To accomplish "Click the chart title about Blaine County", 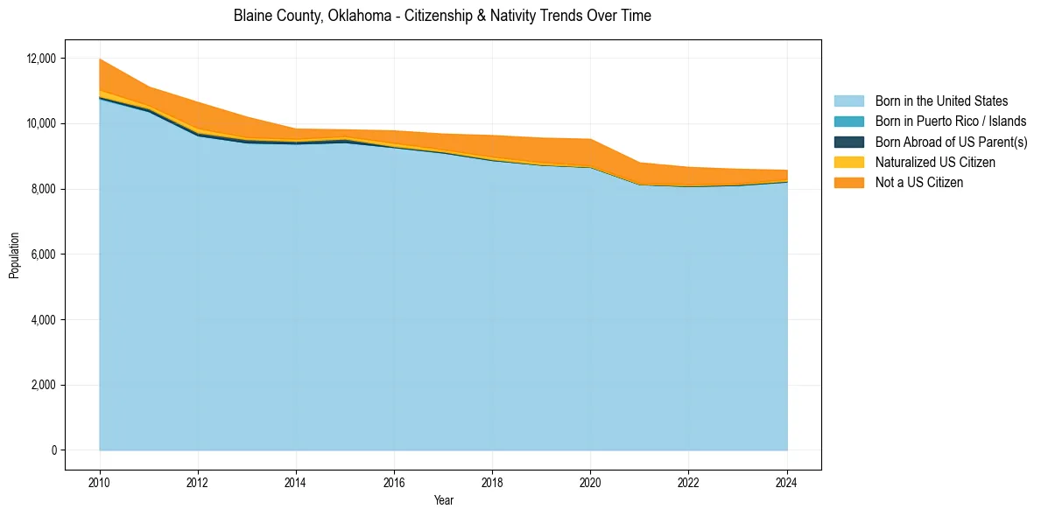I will point(442,17).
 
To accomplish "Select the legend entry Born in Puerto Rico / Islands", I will point(951,122).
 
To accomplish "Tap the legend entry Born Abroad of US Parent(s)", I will point(951,142).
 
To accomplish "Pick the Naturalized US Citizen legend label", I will point(935,163).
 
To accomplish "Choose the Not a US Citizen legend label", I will point(919,183).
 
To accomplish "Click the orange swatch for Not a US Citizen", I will point(848,183).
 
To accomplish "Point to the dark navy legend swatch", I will point(848,142).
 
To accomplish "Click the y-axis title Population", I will point(14,255).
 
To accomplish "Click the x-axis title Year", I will point(443,500).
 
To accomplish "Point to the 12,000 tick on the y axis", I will point(41,59).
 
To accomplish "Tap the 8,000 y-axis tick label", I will point(44,189).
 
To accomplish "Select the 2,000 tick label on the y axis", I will point(44,386).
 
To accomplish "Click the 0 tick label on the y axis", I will point(53,450).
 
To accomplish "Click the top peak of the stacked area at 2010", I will point(100,59).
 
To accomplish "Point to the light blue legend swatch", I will point(848,101).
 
